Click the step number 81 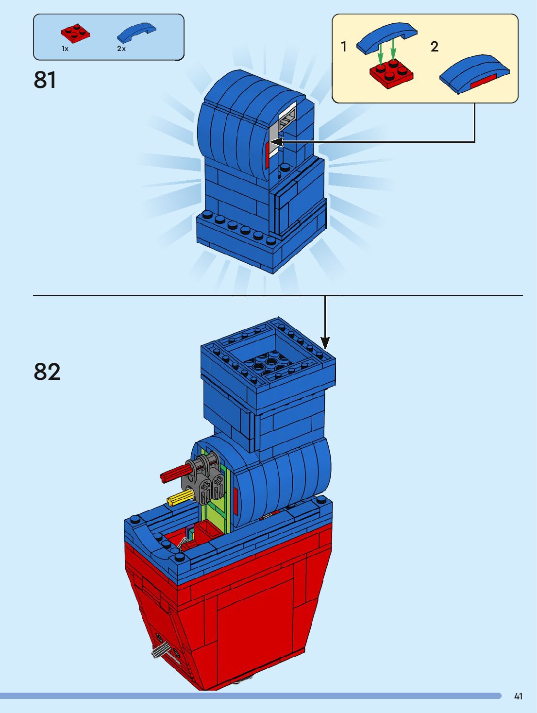pyautogui.click(x=45, y=80)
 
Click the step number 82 pyautogui.click(x=47, y=372)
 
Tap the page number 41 pyautogui.click(x=518, y=696)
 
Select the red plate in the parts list pyautogui.click(x=75, y=32)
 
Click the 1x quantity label pyautogui.click(x=65, y=49)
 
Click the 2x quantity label pyautogui.click(x=121, y=49)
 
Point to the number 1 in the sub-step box pyautogui.click(x=344, y=47)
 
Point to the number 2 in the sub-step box pyautogui.click(x=434, y=47)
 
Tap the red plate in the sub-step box pyautogui.click(x=391, y=73)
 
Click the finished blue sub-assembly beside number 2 pyautogui.click(x=474, y=73)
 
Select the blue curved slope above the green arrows pyautogui.click(x=386, y=36)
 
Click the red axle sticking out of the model pyautogui.click(x=173, y=473)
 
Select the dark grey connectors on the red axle pyautogui.click(x=201, y=478)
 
